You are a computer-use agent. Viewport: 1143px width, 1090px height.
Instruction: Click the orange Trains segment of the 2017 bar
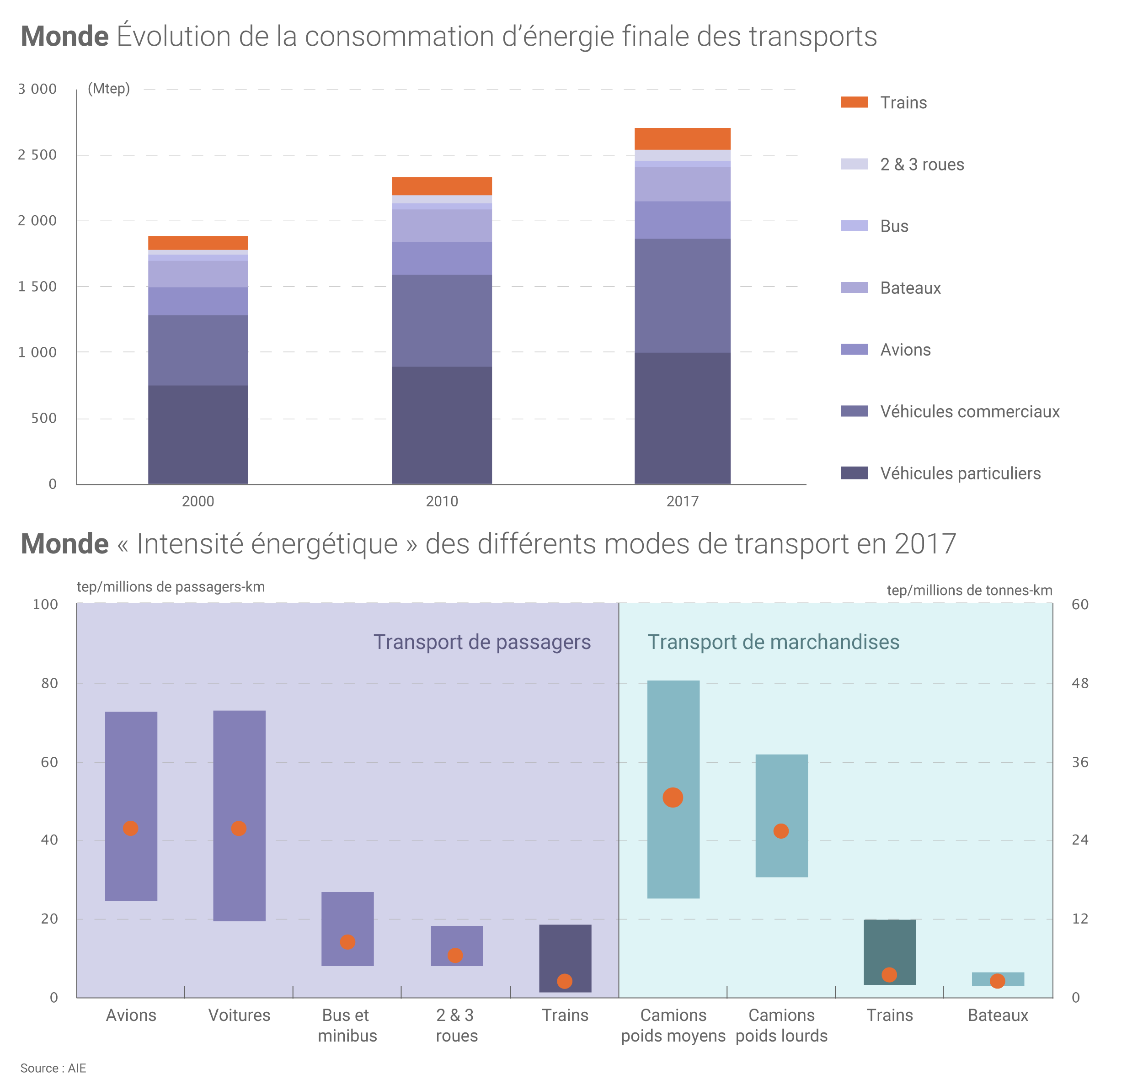click(682, 139)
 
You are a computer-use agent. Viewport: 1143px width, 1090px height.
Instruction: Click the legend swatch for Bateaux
click(854, 287)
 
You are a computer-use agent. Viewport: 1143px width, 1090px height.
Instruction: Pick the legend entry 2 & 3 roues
click(922, 165)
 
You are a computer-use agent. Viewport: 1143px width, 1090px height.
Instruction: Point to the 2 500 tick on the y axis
click(37, 155)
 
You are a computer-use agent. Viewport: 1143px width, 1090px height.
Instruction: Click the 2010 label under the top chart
click(442, 501)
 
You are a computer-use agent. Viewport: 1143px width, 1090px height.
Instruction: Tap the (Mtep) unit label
click(109, 89)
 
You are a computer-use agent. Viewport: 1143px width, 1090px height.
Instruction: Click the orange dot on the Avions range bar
click(131, 829)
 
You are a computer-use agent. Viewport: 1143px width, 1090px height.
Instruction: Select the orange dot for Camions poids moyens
click(673, 798)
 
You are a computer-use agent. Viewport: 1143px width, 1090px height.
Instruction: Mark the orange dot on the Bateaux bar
click(997, 981)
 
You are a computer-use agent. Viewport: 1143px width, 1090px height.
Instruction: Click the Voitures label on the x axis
click(239, 1016)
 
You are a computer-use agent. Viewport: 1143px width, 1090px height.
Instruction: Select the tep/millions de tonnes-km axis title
click(969, 591)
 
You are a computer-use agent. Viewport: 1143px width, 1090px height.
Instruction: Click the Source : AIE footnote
click(53, 1069)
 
